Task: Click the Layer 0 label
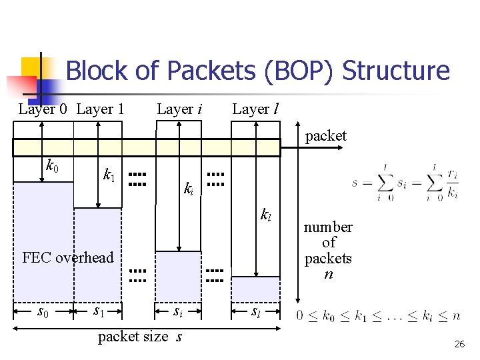point(43,109)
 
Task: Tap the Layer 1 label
point(100,109)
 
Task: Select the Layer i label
point(179,109)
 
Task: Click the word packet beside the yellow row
point(325,136)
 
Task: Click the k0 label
point(52,164)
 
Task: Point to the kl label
point(265,215)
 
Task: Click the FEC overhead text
point(68,257)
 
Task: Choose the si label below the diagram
point(178,311)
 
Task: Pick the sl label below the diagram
point(257,311)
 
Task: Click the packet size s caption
point(140,337)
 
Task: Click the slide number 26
point(459,345)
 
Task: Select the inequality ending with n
point(378,315)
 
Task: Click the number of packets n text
point(328,250)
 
